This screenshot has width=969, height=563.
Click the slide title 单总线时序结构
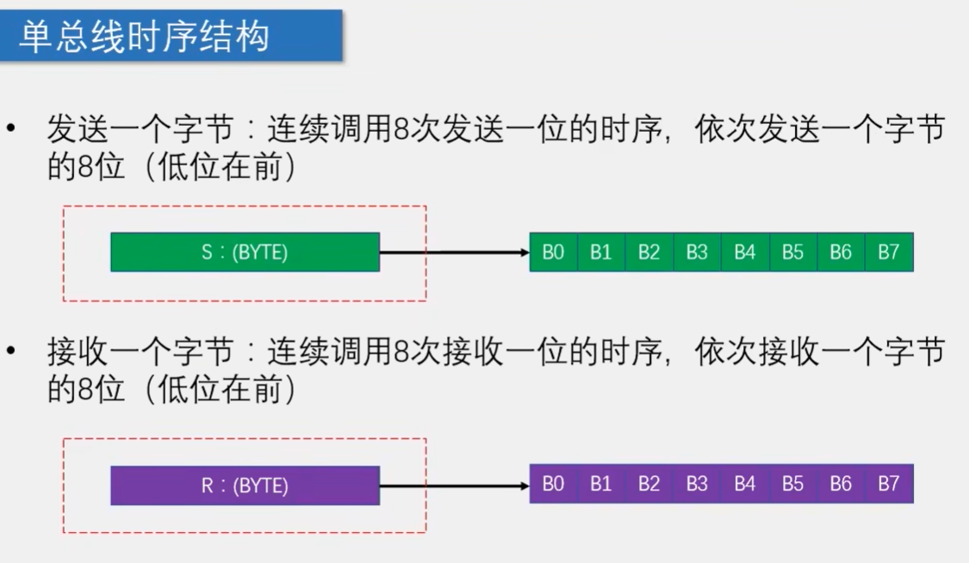[x=145, y=37]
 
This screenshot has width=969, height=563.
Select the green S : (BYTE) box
[x=245, y=252]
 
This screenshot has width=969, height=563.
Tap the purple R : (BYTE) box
[x=245, y=485]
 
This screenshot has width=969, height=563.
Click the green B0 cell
[x=553, y=252]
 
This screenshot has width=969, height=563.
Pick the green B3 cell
[x=697, y=252]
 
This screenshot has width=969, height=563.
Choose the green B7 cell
[x=889, y=252]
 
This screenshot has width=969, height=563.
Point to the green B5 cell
[x=792, y=252]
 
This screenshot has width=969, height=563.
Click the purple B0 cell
[x=553, y=485]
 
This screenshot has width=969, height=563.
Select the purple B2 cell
[x=649, y=485]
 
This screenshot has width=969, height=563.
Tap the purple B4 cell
[x=744, y=485]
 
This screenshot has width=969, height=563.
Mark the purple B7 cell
[x=889, y=485]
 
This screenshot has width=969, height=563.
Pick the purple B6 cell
[x=841, y=485]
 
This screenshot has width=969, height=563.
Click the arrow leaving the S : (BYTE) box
[x=454, y=252]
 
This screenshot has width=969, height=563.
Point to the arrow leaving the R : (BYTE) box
[x=454, y=486]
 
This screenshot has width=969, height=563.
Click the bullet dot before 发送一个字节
[x=11, y=130]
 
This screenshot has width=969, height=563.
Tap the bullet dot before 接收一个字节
[x=11, y=351]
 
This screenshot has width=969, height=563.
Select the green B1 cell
[x=601, y=252]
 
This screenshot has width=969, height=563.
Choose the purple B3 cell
[x=697, y=485]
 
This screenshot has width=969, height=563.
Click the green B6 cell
[x=841, y=252]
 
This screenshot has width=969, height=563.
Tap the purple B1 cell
[x=601, y=485]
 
